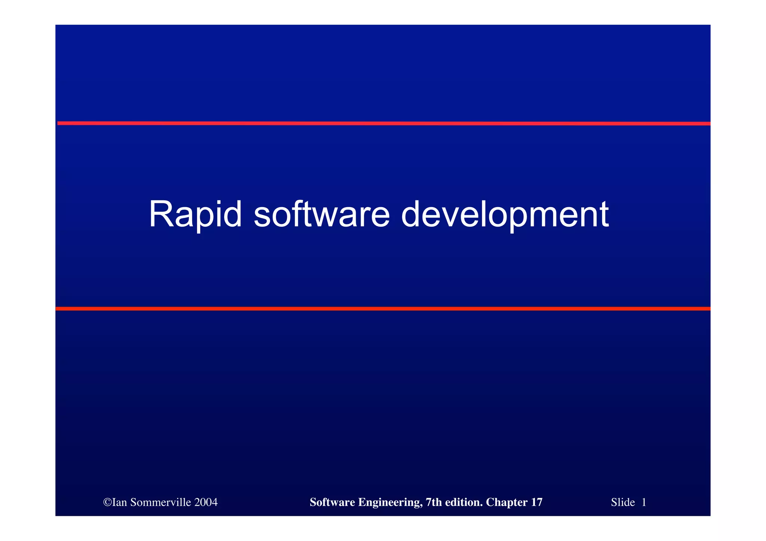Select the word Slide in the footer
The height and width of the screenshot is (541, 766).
623,502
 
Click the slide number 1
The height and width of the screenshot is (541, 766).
644,502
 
